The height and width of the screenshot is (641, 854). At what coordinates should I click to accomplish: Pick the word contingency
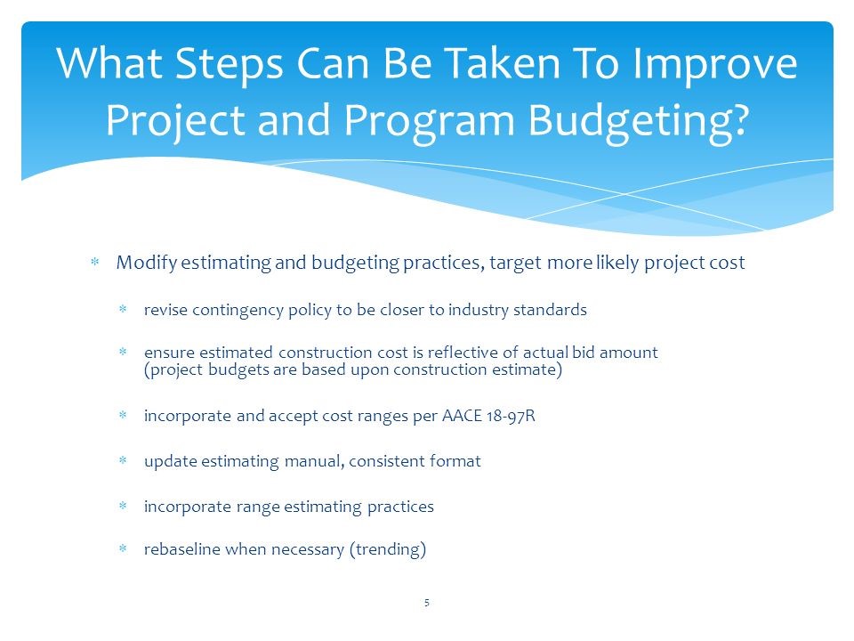pos(233,311)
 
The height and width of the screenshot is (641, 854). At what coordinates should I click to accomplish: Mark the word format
pos(454,461)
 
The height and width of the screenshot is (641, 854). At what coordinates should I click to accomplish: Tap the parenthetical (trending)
pos(388,549)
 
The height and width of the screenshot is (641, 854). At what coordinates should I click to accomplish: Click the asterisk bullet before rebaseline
pos(124,550)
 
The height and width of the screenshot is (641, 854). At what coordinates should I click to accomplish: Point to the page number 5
pos(427,604)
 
